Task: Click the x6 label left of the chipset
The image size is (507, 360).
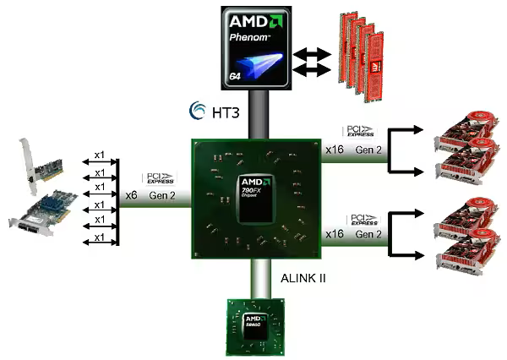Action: (x=131, y=194)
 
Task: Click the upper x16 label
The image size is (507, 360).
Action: (x=335, y=150)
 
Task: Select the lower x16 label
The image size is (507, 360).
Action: (x=335, y=233)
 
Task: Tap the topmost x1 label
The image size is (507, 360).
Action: (x=100, y=156)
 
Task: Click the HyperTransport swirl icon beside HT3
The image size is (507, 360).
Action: (x=196, y=111)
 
